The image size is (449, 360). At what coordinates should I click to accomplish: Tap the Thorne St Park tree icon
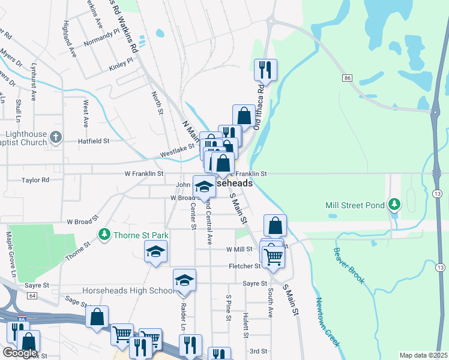(104, 233)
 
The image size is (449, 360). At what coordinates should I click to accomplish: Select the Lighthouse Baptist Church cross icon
(55, 137)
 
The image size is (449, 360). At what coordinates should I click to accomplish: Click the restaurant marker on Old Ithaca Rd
(264, 70)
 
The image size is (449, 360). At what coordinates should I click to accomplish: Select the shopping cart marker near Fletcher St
(273, 256)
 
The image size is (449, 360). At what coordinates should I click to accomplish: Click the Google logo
(20, 353)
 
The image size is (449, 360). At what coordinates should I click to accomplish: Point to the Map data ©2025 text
(423, 355)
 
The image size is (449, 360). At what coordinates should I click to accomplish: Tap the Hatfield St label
(93, 141)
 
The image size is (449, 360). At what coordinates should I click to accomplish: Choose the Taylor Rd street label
(35, 180)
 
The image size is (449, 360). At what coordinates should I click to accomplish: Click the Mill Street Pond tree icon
(394, 205)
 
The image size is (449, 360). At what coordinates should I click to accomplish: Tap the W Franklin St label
(144, 173)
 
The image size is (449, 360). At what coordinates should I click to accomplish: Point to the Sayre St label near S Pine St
(255, 283)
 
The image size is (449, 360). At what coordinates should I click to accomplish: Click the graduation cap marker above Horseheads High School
(184, 280)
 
